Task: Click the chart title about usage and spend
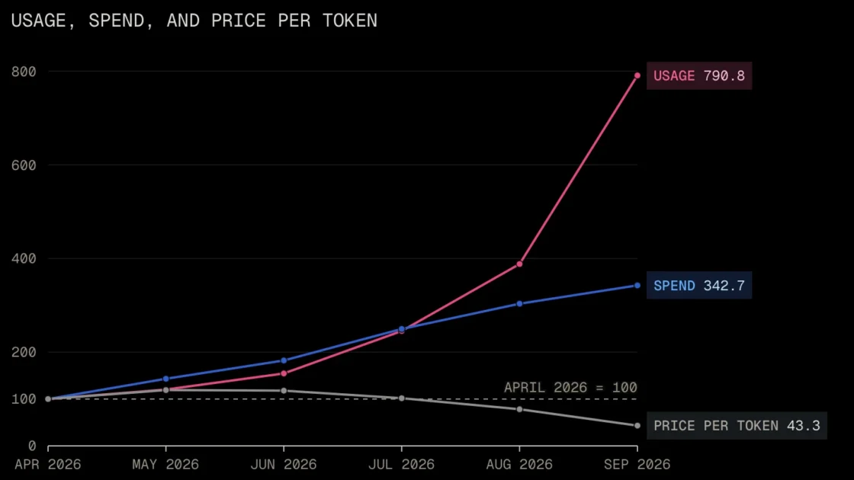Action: click(194, 21)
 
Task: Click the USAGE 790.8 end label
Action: click(698, 75)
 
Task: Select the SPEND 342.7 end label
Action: click(698, 286)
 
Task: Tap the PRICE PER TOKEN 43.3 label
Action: click(737, 426)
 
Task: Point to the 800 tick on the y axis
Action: click(24, 72)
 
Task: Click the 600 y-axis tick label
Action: click(24, 165)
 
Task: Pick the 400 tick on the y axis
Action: click(24, 258)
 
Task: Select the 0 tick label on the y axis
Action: click(32, 446)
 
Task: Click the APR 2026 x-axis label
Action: click(48, 464)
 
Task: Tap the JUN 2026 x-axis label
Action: click(284, 464)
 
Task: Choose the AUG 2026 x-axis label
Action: click(519, 464)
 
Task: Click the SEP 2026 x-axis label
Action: click(637, 464)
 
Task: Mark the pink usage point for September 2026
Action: click(637, 75)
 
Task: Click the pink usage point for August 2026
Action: click(519, 264)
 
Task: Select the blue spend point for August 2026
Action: click(519, 304)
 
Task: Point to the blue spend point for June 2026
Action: click(284, 360)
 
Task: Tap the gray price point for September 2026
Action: click(637, 426)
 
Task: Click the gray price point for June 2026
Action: click(284, 391)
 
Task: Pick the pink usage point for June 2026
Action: click(284, 373)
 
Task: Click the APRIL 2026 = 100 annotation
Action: click(570, 388)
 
